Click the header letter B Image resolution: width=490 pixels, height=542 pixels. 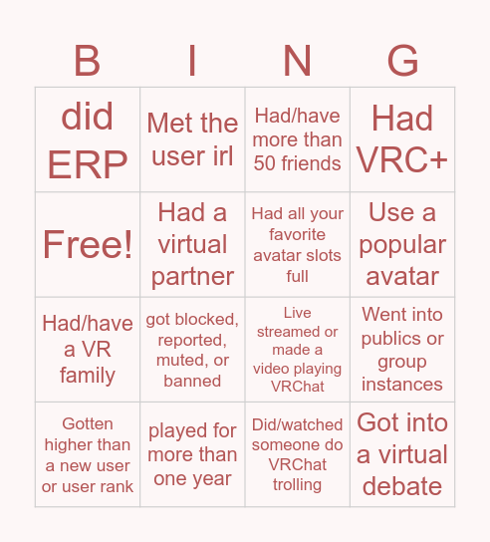[x=88, y=62]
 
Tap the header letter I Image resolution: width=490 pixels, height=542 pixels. [x=192, y=62]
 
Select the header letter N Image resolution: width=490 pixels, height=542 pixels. [x=298, y=62]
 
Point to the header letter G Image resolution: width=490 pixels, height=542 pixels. [x=402, y=62]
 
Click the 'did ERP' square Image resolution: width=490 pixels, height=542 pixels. [x=88, y=139]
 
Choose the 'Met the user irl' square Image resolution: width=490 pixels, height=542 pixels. [x=192, y=139]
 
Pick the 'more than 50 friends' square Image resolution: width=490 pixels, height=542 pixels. [x=298, y=139]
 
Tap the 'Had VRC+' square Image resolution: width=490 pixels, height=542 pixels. [x=402, y=139]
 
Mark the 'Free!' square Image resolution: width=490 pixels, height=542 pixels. [x=88, y=244]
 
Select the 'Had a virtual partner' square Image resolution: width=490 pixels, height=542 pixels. [x=192, y=244]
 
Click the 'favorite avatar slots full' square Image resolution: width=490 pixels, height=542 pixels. [x=298, y=244]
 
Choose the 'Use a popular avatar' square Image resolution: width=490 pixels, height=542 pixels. [x=402, y=244]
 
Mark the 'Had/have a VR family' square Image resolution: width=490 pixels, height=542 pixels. [x=88, y=349]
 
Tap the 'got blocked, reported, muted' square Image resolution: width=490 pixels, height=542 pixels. [x=192, y=349]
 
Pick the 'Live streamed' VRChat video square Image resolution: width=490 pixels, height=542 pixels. [x=298, y=349]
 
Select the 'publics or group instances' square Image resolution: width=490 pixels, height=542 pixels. [x=402, y=349]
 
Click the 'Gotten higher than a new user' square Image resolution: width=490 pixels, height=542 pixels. [x=88, y=454]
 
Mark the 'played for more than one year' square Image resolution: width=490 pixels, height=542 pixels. [x=192, y=454]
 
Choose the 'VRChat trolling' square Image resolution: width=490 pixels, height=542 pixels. [x=298, y=454]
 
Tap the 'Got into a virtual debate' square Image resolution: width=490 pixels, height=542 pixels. [x=402, y=454]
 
